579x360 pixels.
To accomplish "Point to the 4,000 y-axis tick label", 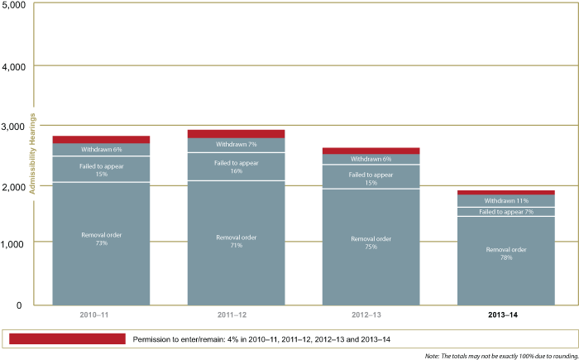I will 14,65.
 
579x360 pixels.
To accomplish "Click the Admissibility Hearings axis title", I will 33,152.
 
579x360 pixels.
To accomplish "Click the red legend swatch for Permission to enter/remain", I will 65,338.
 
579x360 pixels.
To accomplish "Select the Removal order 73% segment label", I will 101,239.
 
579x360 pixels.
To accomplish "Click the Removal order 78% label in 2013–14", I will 505,252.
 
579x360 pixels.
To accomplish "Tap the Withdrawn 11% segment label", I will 505,200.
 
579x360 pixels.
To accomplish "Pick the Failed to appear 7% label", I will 505,212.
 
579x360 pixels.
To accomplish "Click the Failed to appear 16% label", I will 236,167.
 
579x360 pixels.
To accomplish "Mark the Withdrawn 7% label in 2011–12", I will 236,144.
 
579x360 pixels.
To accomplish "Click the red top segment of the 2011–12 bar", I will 236,133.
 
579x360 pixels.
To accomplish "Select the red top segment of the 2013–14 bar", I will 505,192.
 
